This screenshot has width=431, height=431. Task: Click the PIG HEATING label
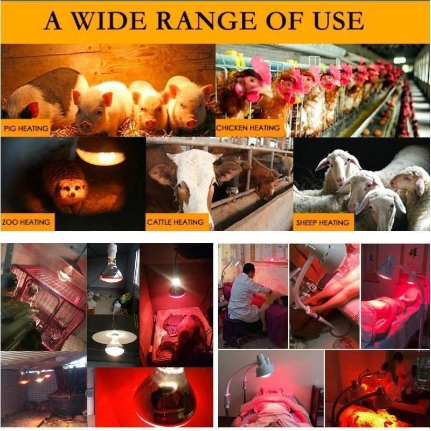(x=26, y=128)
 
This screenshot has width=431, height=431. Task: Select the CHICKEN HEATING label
(x=248, y=128)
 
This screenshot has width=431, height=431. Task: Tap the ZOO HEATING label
(x=26, y=222)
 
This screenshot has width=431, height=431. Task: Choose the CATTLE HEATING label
(x=176, y=222)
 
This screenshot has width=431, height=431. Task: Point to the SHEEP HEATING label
(x=323, y=223)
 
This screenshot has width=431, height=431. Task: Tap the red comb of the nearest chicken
(x=260, y=69)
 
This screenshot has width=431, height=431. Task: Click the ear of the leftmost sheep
(x=322, y=164)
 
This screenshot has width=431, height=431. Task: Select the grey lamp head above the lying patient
(x=265, y=366)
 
